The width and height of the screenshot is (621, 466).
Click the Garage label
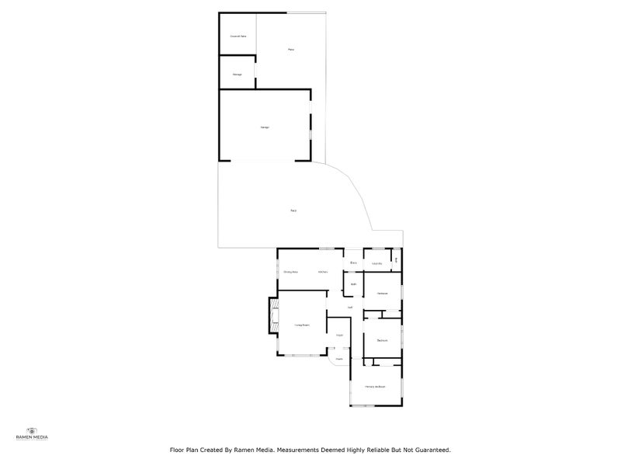point(264,127)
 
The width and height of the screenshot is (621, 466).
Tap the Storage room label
point(238,75)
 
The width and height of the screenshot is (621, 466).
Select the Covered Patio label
point(238,37)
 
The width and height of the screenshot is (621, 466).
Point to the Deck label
point(293,210)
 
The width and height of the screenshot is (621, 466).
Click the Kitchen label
point(321,272)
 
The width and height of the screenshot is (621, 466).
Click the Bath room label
point(353,284)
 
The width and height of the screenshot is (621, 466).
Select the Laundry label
point(376,264)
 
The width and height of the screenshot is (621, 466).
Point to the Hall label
point(351,308)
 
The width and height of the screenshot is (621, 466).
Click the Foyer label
point(339,335)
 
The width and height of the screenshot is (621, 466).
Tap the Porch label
point(339,359)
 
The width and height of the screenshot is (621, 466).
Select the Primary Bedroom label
point(376,387)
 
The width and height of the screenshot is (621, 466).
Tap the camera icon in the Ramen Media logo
point(33,429)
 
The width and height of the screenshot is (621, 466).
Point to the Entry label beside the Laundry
point(353,263)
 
